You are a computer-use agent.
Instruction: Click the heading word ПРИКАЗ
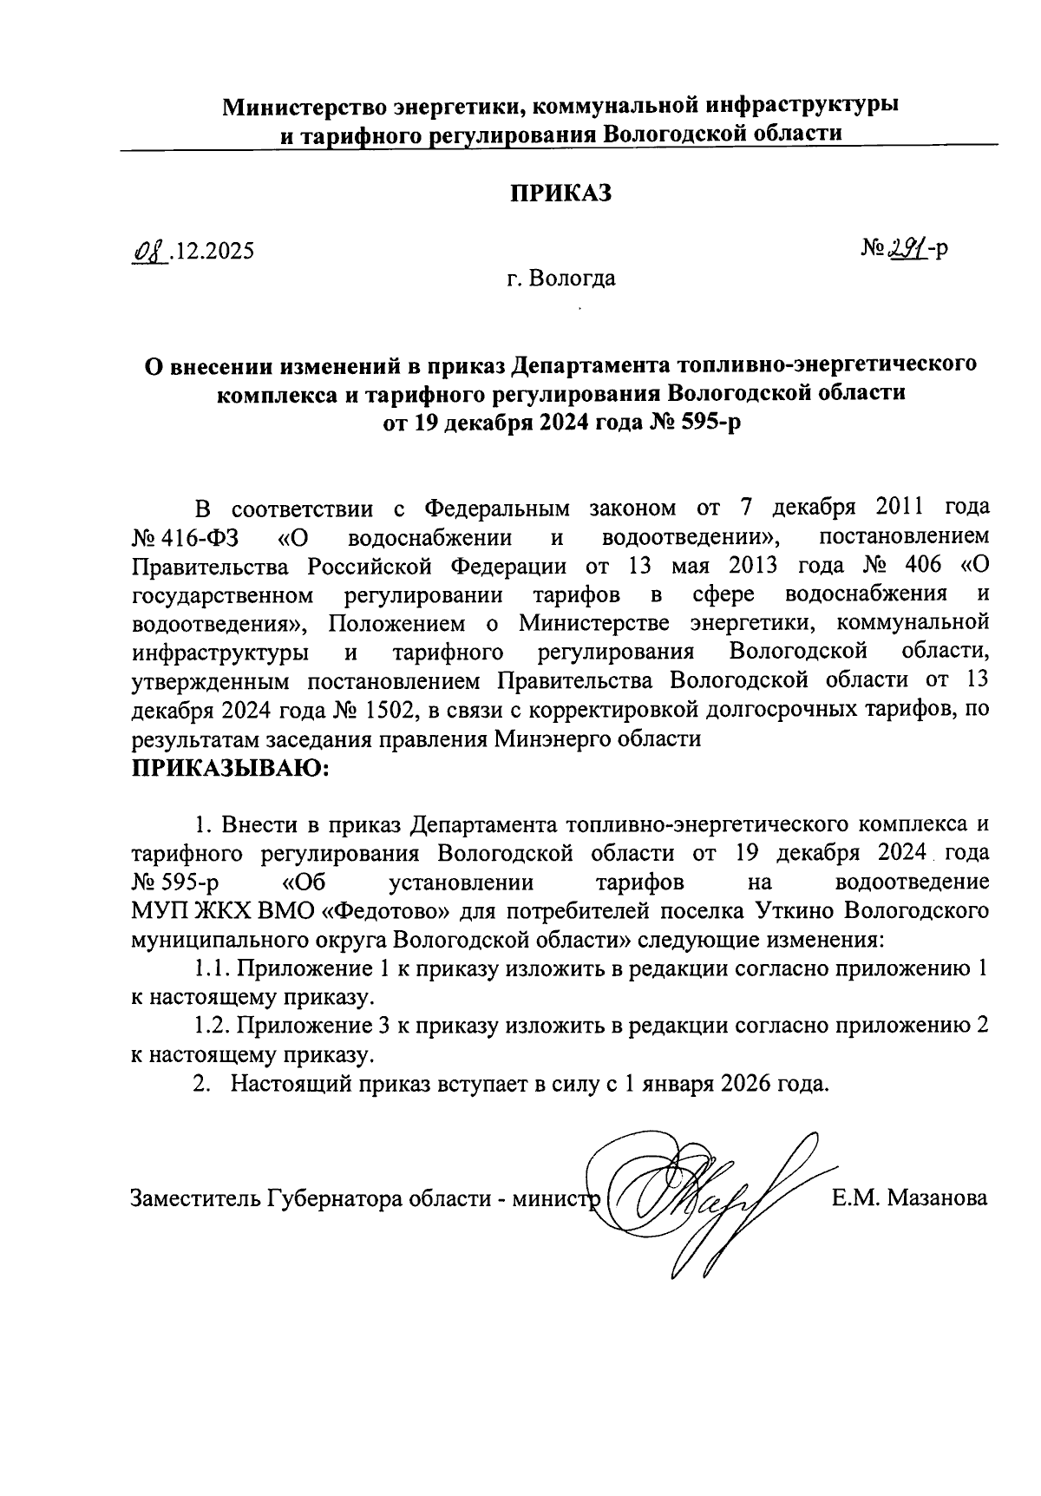point(560,193)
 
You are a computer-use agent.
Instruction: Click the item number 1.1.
point(210,968)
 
